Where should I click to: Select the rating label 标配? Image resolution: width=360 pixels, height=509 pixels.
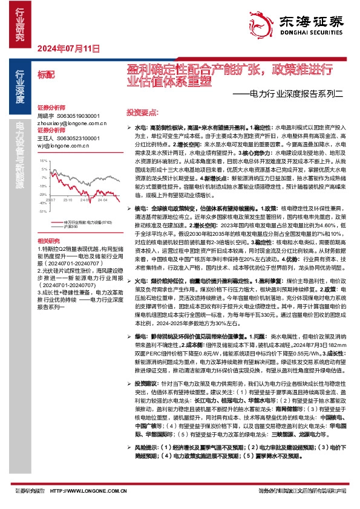pyautogui.click(x=45, y=74)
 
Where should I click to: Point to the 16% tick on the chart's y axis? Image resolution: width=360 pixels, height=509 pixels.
pyautogui.click(x=43, y=161)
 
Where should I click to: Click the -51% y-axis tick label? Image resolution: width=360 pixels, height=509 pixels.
pyautogui.click(x=42, y=212)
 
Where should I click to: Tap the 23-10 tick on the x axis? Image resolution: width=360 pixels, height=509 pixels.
pyautogui.click(x=67, y=198)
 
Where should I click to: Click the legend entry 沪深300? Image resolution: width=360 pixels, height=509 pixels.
pyautogui.click(x=71, y=227)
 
